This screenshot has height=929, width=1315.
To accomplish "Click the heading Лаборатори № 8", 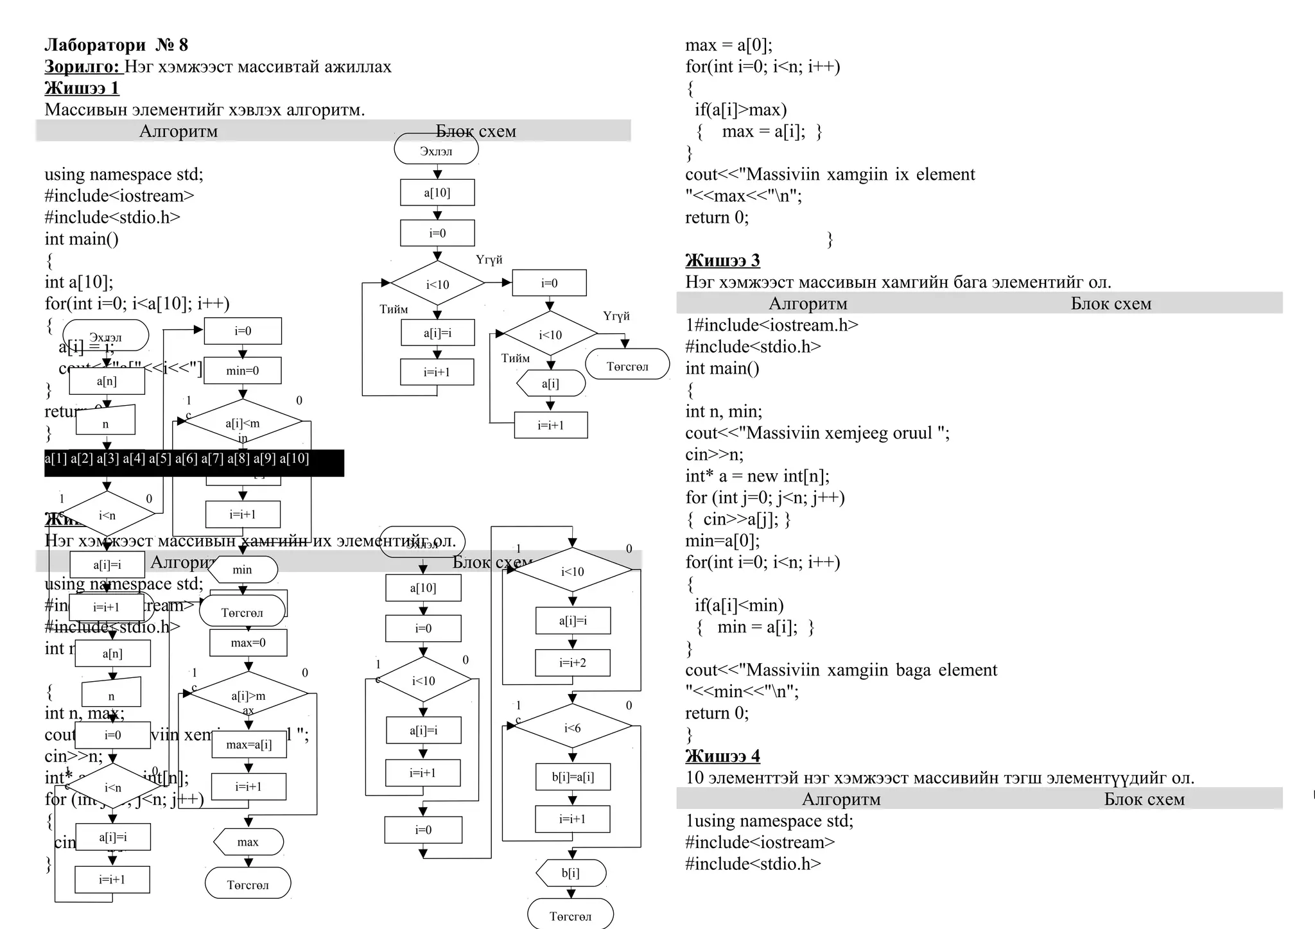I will pos(116,45).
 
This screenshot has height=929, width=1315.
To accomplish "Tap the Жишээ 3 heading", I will pos(722,261).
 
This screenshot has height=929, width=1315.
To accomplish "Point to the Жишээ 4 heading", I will pos(722,756).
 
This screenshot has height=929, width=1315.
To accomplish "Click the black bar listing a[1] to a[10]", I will pos(194,462).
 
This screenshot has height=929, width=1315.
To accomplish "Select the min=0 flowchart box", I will pos(243,371).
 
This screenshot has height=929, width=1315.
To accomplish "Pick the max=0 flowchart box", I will pos(248,643).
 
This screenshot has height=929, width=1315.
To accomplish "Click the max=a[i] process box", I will pos(249,745).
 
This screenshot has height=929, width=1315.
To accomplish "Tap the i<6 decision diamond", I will pos(573,728).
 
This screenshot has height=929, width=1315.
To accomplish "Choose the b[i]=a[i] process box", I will pos(573,777).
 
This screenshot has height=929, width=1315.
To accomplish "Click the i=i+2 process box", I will pos(573,663).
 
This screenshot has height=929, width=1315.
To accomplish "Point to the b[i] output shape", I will pos(571,873).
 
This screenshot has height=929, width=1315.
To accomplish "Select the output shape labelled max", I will pos(248,842).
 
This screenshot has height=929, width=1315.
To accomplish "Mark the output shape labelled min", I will pos(243,569).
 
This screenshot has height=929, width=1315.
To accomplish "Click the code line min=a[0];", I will pos(722,541).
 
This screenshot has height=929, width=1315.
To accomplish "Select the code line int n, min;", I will pos(724,412).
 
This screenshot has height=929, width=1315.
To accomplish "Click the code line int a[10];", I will pos(79,282).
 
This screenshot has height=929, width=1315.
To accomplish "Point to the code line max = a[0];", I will pos(729,45).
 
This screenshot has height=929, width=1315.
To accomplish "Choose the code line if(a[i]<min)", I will pos(739,605).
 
